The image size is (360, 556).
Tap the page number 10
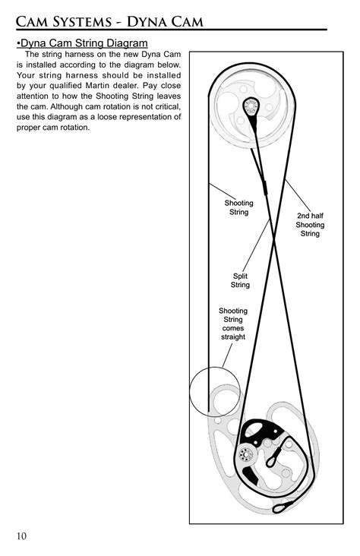[21, 536]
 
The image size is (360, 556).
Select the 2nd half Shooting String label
[310, 225]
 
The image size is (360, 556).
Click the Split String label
[240, 280]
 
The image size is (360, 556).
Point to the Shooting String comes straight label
[232, 324]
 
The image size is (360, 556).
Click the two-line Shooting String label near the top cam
[238, 207]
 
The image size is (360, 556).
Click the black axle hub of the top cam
[250, 106]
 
